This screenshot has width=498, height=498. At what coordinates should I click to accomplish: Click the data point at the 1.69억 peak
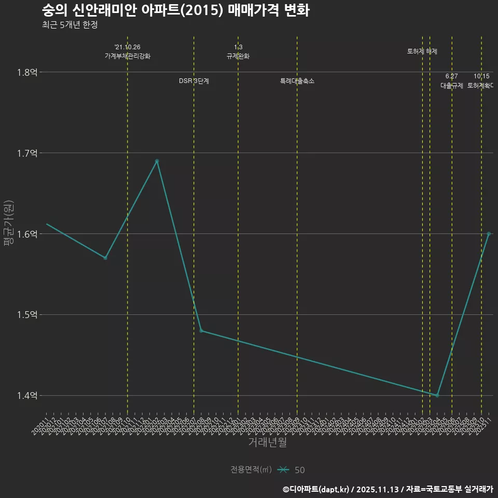click(x=157, y=161)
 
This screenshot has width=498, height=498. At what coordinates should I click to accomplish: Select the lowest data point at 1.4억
click(x=437, y=395)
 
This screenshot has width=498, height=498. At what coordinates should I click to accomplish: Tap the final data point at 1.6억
click(x=489, y=233)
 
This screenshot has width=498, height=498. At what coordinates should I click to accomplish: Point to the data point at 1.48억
click(x=201, y=331)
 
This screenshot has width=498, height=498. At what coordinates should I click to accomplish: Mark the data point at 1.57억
click(x=105, y=258)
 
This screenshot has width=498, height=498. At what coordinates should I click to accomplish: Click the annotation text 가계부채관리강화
click(x=128, y=56)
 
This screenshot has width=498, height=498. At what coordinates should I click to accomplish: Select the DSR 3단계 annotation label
click(x=194, y=81)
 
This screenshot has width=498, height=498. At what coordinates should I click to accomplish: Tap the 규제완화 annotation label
click(x=238, y=56)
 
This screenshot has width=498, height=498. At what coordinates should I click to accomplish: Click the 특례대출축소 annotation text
click(x=297, y=81)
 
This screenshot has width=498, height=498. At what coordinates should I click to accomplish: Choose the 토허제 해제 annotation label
click(x=422, y=51)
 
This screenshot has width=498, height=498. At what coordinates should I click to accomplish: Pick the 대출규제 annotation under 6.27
click(x=452, y=86)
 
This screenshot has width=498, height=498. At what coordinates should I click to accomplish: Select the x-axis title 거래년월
click(x=267, y=442)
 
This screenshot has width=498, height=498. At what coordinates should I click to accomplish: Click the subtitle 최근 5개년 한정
click(x=70, y=24)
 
